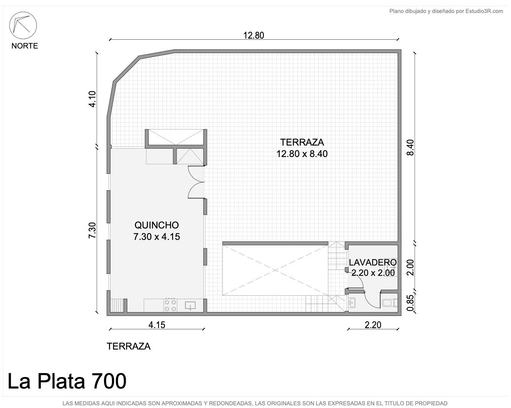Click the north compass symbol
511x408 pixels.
pos(23,25)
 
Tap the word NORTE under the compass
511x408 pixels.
pos(25,46)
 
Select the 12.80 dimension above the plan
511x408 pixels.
pos(254,36)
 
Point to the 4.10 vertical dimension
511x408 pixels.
pos(92,99)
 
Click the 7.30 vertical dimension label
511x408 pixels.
pos(92,230)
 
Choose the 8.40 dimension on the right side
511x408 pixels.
pos(410,147)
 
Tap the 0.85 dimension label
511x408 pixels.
pos(410,303)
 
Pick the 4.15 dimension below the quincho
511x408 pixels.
pos(157,325)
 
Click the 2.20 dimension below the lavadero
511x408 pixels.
pos(373,325)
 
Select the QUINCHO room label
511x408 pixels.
pos(157,225)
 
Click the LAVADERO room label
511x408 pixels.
pos(373,262)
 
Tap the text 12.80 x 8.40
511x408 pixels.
pos(302,154)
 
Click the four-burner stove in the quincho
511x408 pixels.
pos(170,305)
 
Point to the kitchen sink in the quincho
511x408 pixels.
pos(190,306)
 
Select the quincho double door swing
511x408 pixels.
pos(196,182)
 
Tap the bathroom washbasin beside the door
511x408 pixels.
pos(352,303)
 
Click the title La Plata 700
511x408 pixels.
pos(67,381)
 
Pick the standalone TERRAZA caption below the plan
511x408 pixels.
pos(128,346)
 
